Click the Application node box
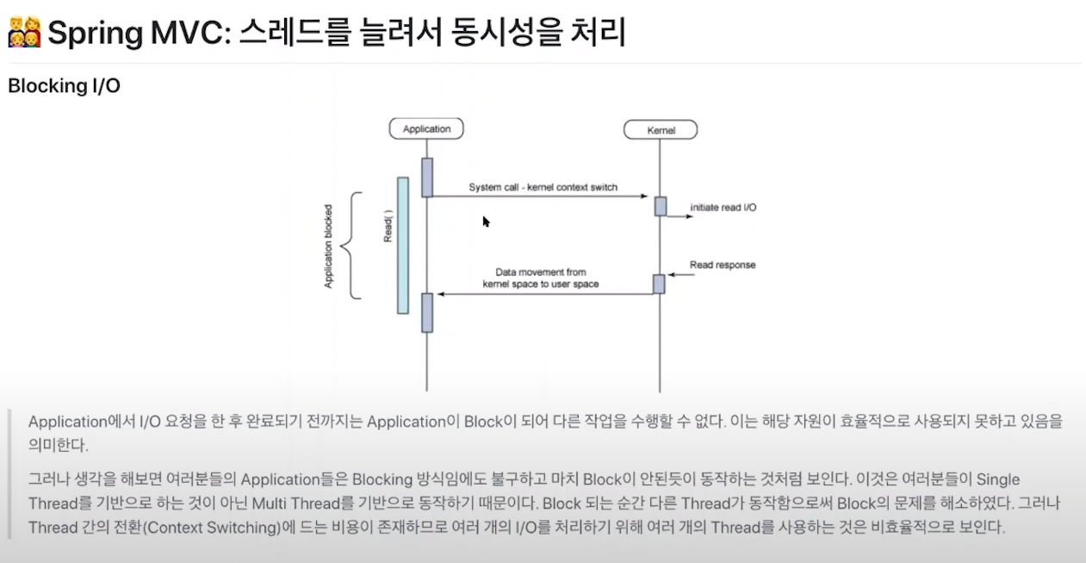coord(426,129)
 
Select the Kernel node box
coord(661,130)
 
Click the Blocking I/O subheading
coord(64,87)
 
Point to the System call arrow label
coord(543,187)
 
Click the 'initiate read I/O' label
coord(723,208)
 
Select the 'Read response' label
coord(723,265)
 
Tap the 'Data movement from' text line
coord(541,272)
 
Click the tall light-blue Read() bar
coord(402,246)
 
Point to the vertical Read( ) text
coord(388,226)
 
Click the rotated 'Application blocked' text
coord(328,246)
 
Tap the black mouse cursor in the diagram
coord(486,222)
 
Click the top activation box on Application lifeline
coord(426,177)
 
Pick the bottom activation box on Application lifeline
coord(426,312)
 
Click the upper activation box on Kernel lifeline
coord(660,206)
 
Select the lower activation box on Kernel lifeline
coord(659,284)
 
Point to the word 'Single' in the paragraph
coord(997,479)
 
